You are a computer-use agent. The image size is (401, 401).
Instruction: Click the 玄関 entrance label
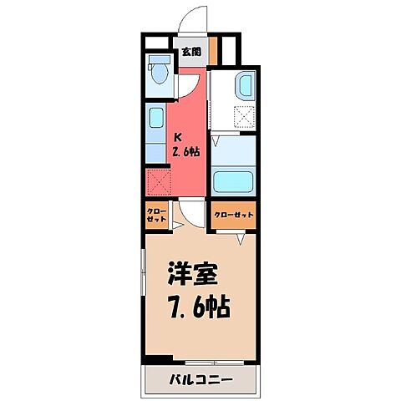coord(190,52)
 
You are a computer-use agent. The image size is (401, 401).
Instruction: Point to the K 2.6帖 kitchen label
coord(186,145)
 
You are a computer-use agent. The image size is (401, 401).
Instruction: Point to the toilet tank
coord(157,61)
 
